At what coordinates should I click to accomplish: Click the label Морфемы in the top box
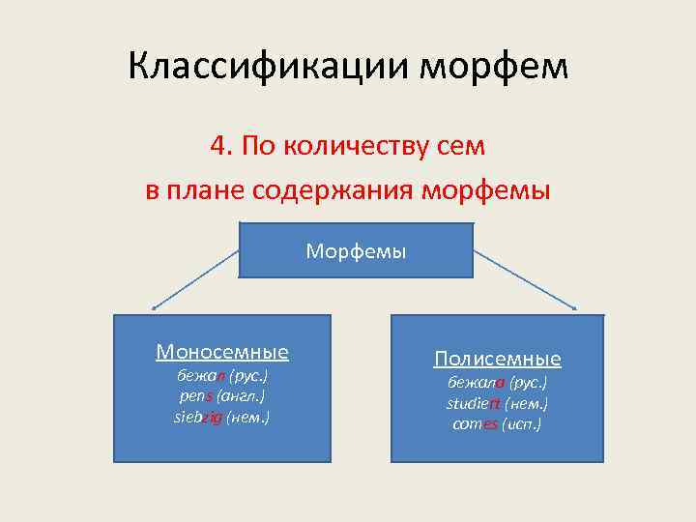coord(356,251)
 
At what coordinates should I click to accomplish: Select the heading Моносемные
coord(222,352)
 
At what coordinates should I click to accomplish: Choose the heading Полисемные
coord(497,360)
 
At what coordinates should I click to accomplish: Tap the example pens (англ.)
coord(222,396)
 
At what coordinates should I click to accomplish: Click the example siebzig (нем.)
coord(221,418)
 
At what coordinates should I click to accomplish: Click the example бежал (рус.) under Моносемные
coord(221,375)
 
